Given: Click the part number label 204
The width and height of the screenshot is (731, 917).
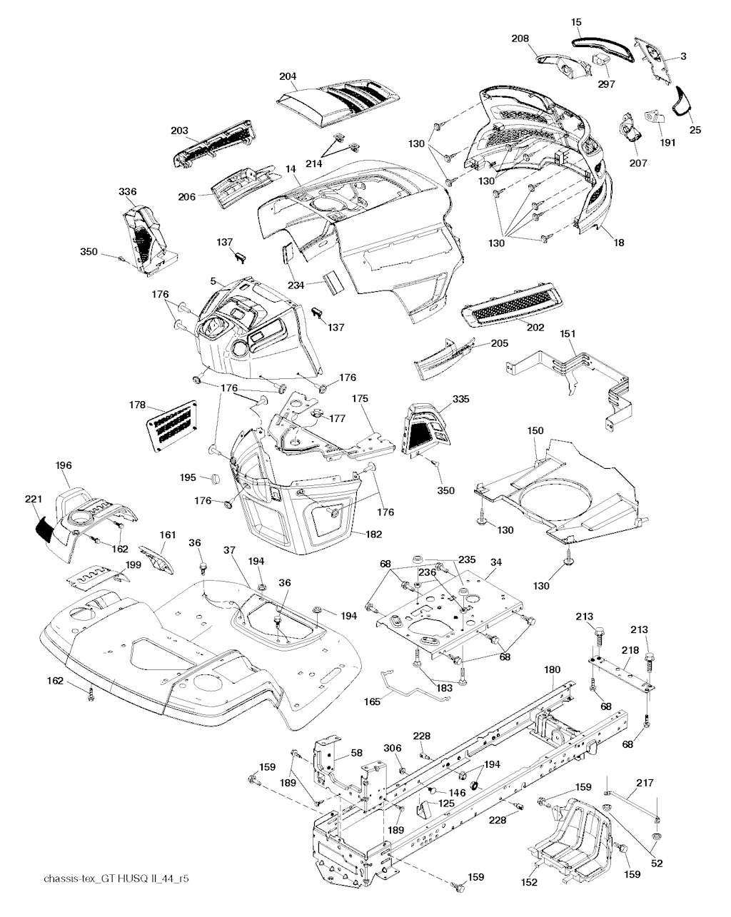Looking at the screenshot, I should coord(288,76).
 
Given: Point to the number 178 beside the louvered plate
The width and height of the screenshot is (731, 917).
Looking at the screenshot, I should coord(138,405).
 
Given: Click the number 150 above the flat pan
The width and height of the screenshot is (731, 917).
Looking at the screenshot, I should coord(535,430).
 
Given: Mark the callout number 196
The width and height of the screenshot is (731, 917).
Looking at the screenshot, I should coord(64,465).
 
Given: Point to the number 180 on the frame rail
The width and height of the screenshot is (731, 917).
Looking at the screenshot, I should coord(552,669).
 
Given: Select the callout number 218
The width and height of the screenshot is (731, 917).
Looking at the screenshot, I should coord(630,651).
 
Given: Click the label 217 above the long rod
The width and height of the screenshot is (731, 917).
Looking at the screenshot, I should coord(645,783).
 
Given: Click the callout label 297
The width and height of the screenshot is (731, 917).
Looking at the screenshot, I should coord(605,84).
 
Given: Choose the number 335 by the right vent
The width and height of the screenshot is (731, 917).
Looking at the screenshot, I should coord(460,399).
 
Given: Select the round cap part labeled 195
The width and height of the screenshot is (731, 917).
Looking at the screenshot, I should coord(208,477).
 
